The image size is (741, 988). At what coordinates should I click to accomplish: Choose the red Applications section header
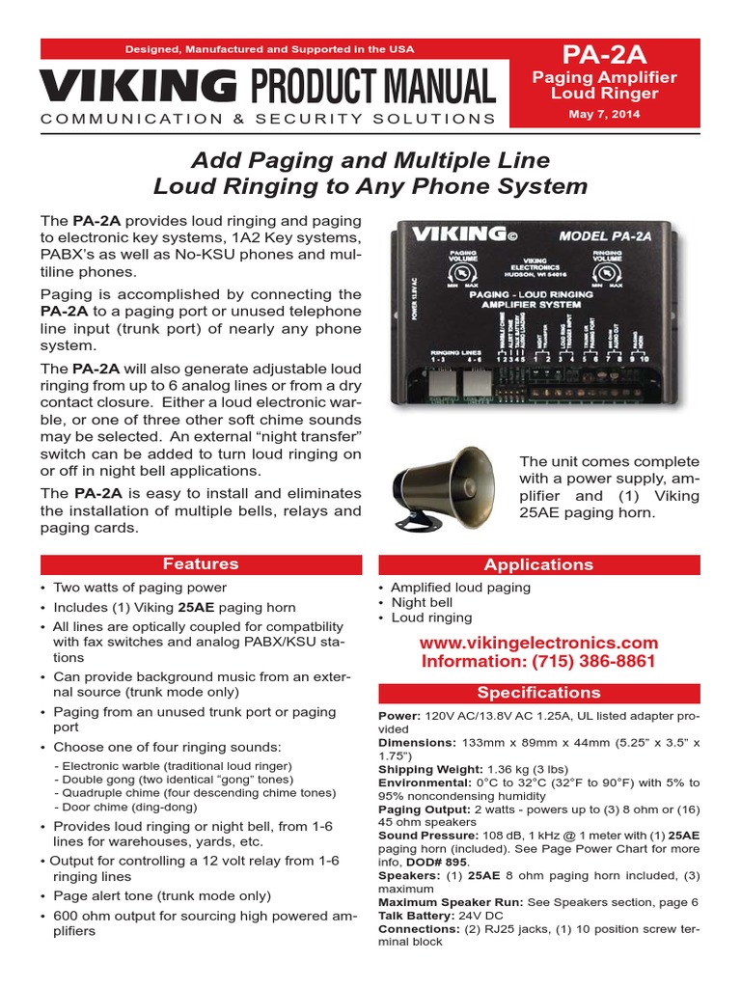(x=538, y=564)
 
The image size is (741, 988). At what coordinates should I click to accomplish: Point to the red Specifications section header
(x=538, y=693)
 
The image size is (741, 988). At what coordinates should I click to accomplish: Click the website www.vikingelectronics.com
(x=539, y=643)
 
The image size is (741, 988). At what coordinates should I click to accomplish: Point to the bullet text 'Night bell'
(x=423, y=602)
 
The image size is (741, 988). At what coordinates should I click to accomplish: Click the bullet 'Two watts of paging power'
(x=140, y=588)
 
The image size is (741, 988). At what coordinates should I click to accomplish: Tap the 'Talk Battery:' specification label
(x=417, y=916)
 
